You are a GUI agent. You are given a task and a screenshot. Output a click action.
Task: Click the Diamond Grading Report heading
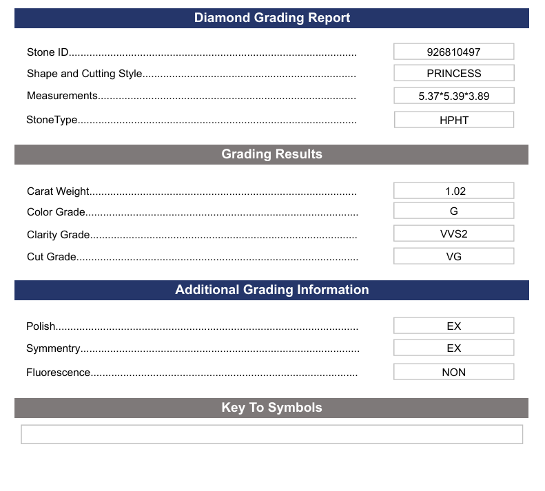(272, 18)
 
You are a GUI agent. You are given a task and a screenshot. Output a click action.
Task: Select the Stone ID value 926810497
(453, 52)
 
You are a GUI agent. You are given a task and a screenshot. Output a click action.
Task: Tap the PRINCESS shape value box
(453, 73)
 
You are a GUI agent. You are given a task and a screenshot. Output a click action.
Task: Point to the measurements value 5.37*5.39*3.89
(453, 96)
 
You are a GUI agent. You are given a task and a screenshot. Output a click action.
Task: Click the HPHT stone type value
(453, 120)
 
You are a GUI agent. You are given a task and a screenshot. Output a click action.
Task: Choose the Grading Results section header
(271, 154)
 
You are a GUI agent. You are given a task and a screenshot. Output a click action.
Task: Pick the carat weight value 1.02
(453, 191)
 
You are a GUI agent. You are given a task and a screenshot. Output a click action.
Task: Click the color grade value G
(453, 211)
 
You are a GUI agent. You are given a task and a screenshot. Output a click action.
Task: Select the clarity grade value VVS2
(453, 233)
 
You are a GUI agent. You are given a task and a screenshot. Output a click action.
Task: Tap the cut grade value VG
(453, 256)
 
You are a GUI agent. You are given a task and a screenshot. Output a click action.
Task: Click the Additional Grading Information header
(271, 290)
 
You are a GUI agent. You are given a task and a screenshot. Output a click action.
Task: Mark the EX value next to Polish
(453, 326)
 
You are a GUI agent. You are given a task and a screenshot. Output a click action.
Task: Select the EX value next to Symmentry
(453, 348)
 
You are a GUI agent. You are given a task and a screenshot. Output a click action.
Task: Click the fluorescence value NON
(453, 372)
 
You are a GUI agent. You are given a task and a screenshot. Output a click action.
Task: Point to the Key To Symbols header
(271, 408)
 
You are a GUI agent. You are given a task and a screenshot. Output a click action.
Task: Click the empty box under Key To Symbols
(271, 435)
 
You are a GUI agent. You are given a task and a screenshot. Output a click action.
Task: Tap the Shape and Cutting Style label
(84, 74)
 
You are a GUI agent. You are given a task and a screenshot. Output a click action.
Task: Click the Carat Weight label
(58, 191)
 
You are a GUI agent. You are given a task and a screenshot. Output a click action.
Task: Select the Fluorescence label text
(58, 373)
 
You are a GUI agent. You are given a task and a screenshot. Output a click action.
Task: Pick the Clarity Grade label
(58, 235)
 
